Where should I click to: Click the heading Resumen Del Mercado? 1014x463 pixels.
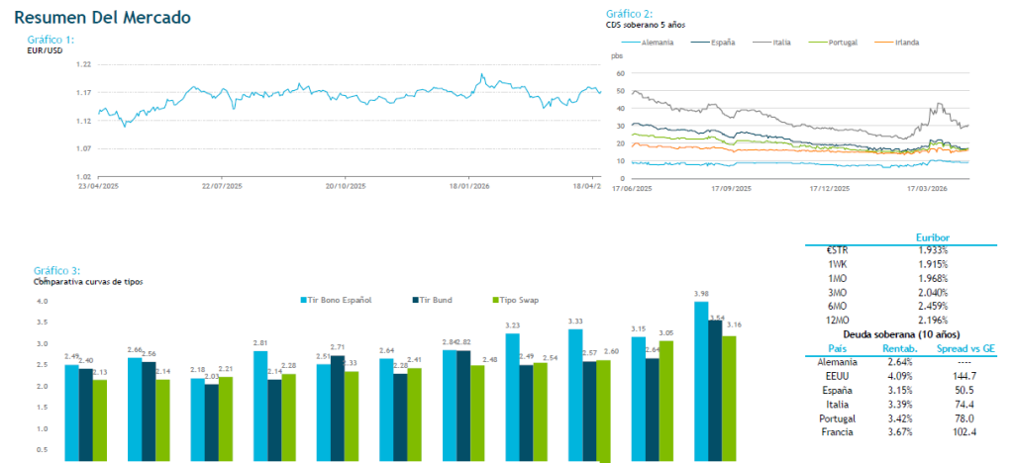(103, 18)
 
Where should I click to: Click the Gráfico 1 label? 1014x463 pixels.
(51, 40)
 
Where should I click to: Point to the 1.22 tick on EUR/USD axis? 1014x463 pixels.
(83, 64)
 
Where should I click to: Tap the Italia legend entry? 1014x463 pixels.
(773, 43)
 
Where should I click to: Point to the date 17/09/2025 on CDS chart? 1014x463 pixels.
(731, 187)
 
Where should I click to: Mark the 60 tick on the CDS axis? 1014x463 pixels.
(621, 73)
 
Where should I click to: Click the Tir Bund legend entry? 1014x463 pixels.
(431, 300)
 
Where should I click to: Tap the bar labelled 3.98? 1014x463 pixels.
(700, 381)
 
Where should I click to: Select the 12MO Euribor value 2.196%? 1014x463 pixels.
(932, 320)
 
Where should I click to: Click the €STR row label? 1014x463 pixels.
(837, 250)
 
